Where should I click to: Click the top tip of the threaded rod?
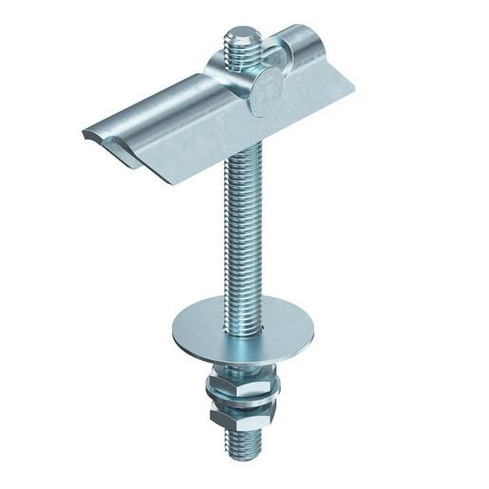point(239,39)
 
